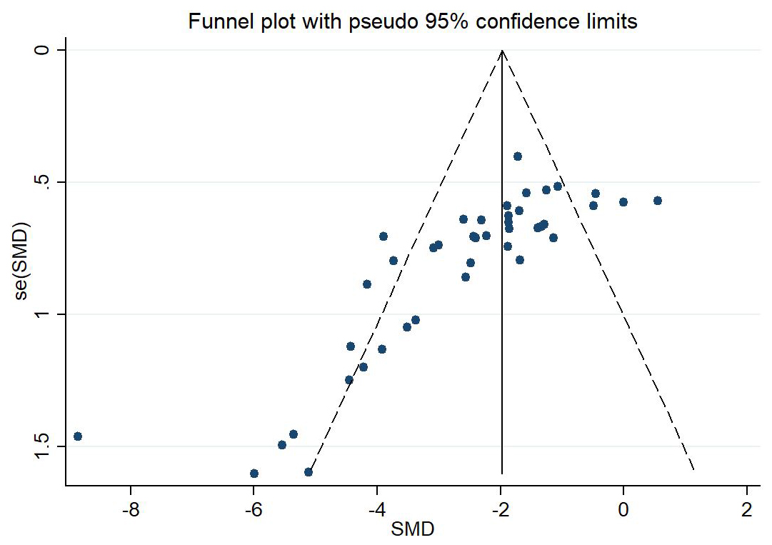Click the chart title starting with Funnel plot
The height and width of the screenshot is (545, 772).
pyautogui.click(x=412, y=22)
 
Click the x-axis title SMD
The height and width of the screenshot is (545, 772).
pyautogui.click(x=412, y=529)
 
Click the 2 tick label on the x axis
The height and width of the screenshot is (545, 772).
pyautogui.click(x=747, y=511)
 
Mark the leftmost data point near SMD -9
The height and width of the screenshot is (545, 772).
pyautogui.click(x=78, y=436)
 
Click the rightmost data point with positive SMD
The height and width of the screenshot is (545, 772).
pyautogui.click(x=658, y=201)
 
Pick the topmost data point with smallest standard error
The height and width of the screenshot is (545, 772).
pyautogui.click(x=518, y=156)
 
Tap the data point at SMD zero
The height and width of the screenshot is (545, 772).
pyautogui.click(x=623, y=202)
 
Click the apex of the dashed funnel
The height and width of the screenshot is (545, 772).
pyautogui.click(x=502, y=51)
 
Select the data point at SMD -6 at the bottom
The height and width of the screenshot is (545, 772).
pyautogui.click(x=254, y=474)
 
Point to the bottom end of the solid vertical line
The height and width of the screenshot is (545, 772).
pyautogui.click(x=502, y=473)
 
